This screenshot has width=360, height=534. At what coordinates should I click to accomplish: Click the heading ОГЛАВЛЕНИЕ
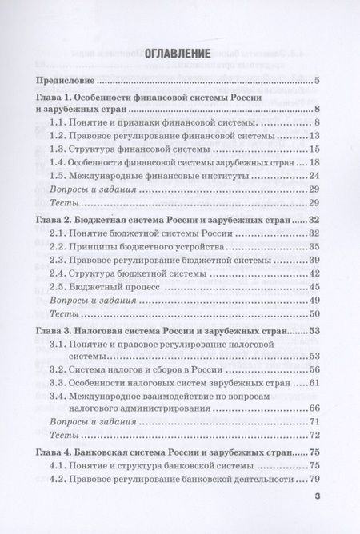(x=179, y=54)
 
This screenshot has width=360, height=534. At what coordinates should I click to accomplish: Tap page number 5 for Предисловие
(x=318, y=81)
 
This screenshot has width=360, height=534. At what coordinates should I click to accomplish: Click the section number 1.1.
(x=60, y=122)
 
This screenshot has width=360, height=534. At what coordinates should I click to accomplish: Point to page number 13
(x=314, y=136)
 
